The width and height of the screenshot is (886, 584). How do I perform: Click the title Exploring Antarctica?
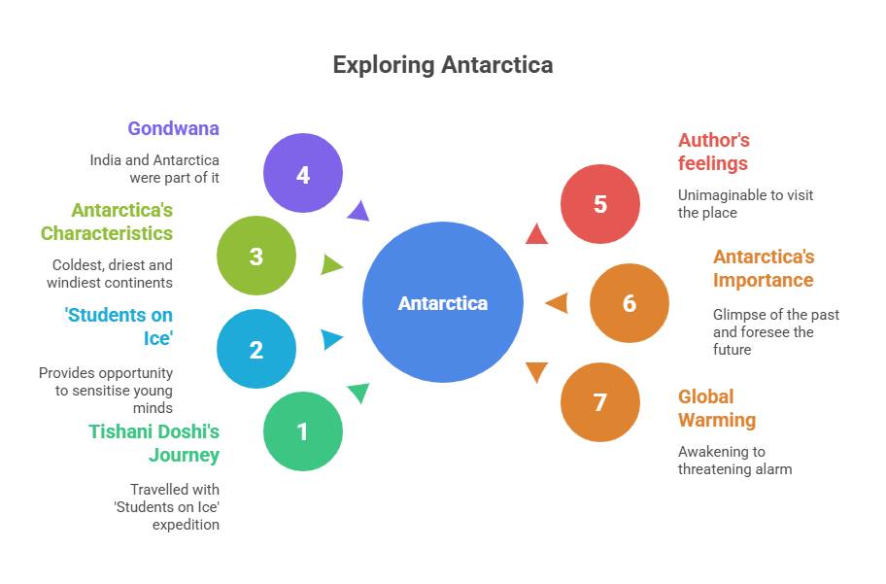443,65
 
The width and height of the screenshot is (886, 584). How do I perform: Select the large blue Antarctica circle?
443,302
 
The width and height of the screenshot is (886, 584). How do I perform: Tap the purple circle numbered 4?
303,174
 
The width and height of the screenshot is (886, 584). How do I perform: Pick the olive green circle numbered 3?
256,256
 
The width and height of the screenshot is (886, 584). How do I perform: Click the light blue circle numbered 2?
256,349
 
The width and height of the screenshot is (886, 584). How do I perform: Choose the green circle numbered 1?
303,430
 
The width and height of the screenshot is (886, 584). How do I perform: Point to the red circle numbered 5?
600,204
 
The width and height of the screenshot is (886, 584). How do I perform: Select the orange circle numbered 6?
630,303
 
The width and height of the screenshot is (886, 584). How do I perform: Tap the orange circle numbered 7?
600,401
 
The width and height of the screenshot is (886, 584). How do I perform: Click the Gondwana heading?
173,128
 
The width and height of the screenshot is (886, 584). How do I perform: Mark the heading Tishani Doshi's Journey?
154,443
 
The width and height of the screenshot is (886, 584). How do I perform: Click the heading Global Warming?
717,408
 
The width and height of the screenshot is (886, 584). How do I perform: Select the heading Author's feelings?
714,152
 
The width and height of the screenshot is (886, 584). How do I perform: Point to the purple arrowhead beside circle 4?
358,211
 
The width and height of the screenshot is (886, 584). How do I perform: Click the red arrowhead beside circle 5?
535,234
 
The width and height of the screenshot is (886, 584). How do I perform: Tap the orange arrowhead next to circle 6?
557,303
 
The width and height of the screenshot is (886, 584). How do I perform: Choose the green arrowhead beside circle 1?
358,393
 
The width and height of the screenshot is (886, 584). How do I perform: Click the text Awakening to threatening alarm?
735,461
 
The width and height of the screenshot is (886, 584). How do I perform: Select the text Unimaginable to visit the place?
745,204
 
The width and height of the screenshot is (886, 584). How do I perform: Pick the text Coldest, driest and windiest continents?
110,273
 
